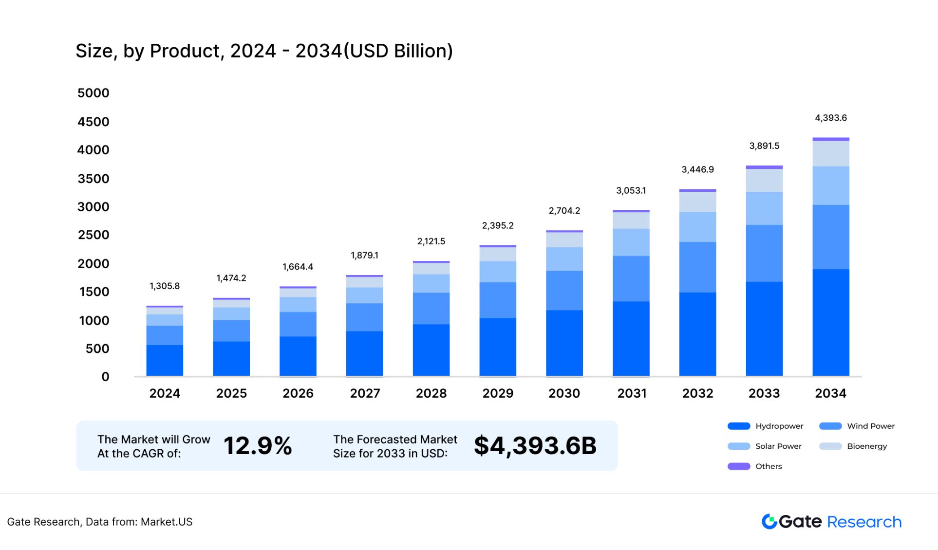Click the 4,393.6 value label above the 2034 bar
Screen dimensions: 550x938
pyautogui.click(x=831, y=118)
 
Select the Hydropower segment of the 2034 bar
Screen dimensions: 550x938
pyautogui.click(x=831, y=322)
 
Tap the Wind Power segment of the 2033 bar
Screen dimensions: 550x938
pyautogui.click(x=764, y=253)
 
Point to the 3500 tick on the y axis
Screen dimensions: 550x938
pyautogui.click(x=94, y=179)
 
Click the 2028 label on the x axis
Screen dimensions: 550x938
pyautogui.click(x=431, y=393)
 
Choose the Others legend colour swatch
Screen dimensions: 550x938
pyautogui.click(x=738, y=466)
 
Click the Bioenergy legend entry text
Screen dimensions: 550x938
pyautogui.click(x=867, y=446)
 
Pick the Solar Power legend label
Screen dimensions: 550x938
pyautogui.click(x=778, y=446)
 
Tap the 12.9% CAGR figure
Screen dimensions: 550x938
pyautogui.click(x=258, y=446)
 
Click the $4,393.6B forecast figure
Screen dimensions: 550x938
pyautogui.click(x=535, y=446)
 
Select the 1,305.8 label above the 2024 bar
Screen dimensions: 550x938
pyautogui.click(x=165, y=286)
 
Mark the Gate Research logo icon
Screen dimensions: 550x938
pyautogui.click(x=769, y=521)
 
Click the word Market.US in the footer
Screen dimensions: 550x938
pyautogui.click(x=167, y=522)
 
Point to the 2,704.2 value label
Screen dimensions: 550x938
pyautogui.click(x=564, y=211)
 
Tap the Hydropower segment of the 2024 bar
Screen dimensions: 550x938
pyautogui.click(x=165, y=360)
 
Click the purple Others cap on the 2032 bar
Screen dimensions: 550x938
pyautogui.click(x=697, y=190)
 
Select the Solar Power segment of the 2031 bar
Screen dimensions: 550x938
pyautogui.click(x=631, y=242)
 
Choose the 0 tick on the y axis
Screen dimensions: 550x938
pyautogui.click(x=105, y=377)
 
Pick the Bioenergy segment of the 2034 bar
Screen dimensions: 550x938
pyautogui.click(x=831, y=154)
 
